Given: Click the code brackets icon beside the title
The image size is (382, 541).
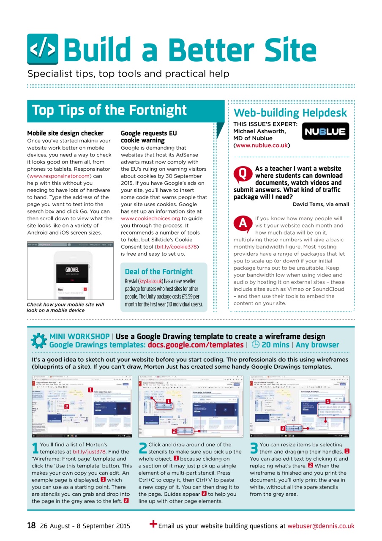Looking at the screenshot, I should [x=43, y=49].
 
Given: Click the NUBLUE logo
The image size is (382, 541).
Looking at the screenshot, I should [x=326, y=131].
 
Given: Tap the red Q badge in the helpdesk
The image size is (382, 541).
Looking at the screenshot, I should [x=243, y=173].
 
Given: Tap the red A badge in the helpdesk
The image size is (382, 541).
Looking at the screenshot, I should [x=243, y=224].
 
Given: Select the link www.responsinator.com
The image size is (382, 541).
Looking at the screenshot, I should [x=60, y=176].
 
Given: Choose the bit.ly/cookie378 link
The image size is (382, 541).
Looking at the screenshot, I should [x=177, y=247].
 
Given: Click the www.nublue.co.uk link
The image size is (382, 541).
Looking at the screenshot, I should [x=262, y=145].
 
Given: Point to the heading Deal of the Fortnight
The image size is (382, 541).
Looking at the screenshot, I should [x=158, y=272].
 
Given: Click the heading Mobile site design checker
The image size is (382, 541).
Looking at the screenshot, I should [x=65, y=133].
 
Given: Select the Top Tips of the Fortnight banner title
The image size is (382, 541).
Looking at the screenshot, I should [x=109, y=110].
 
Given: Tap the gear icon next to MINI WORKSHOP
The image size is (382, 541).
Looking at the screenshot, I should [x=39, y=341].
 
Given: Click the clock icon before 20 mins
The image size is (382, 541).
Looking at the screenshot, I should [x=255, y=344].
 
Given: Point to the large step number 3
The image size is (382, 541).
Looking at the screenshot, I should [x=254, y=448].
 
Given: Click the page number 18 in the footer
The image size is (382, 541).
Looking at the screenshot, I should [x=31, y=526].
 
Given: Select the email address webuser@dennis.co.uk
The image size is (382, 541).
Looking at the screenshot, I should [x=321, y=526].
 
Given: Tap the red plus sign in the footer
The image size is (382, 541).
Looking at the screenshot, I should [x=153, y=525].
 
